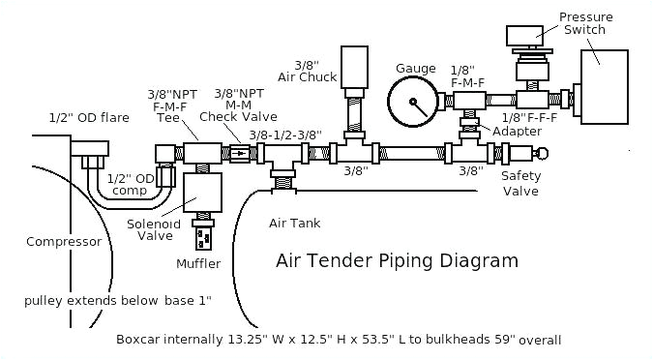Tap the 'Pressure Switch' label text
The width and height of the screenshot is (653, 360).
(x=582, y=22)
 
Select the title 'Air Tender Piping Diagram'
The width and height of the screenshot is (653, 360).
(x=398, y=260)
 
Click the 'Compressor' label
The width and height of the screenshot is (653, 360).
(x=64, y=242)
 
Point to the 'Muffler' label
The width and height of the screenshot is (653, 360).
(x=198, y=263)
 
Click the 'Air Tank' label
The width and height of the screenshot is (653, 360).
(x=295, y=224)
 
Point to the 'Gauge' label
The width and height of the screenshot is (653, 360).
(x=415, y=68)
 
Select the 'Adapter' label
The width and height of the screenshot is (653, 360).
(x=510, y=131)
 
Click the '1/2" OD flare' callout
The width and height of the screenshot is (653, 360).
(x=89, y=118)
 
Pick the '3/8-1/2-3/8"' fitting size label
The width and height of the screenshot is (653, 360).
(x=284, y=135)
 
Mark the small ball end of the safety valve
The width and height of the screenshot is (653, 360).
(x=542, y=152)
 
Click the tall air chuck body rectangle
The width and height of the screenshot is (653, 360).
(x=356, y=65)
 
